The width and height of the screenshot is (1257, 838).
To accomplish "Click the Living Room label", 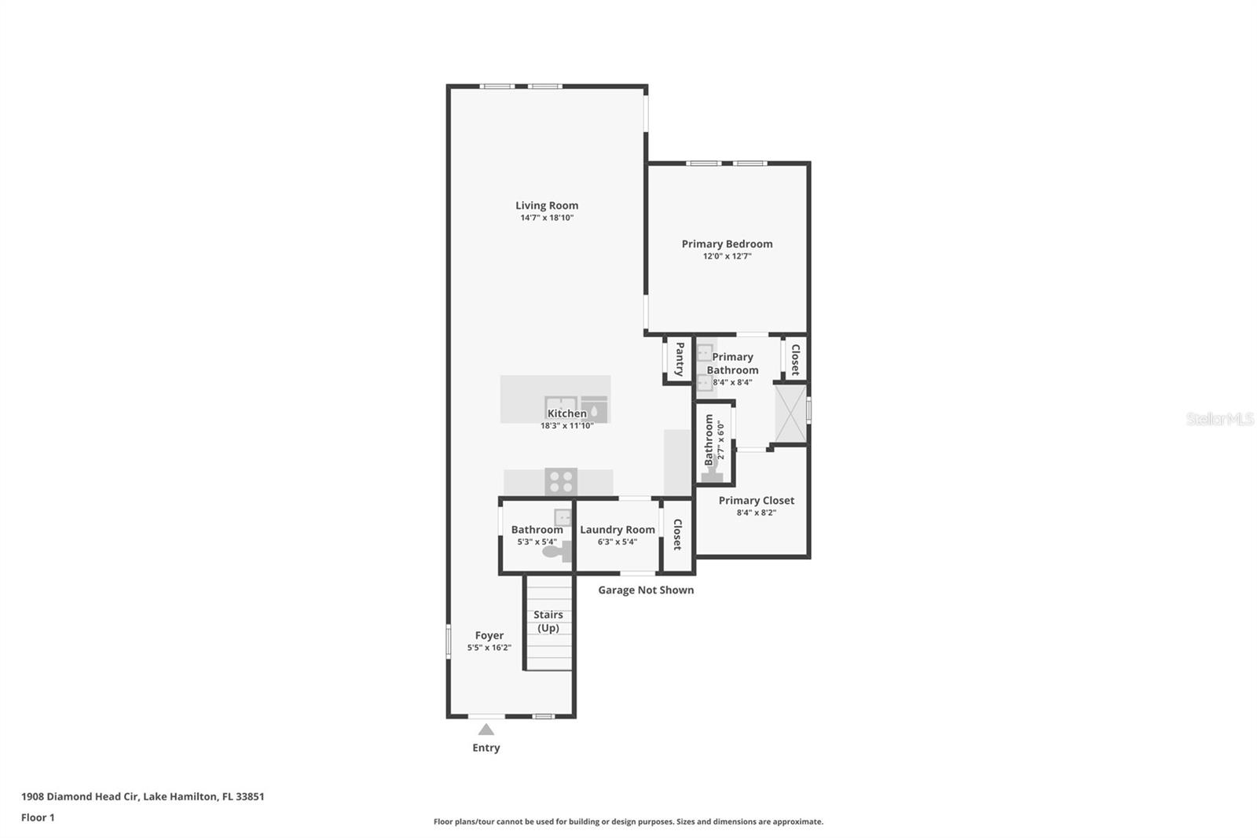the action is [x=547, y=205].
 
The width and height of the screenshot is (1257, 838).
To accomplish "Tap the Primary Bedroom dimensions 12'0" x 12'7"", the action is [x=727, y=256].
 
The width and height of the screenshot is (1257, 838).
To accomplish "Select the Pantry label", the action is [x=680, y=359].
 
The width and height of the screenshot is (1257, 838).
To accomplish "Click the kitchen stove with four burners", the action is [x=561, y=482].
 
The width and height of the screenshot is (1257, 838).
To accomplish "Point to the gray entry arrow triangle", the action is [x=486, y=730].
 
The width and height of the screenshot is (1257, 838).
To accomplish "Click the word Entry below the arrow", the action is [x=486, y=748].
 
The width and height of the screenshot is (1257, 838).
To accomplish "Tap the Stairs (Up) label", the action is [x=548, y=621].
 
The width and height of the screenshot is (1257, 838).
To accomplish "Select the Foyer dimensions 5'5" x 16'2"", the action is [x=489, y=648].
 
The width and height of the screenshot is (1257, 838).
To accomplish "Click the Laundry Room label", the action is [x=618, y=530].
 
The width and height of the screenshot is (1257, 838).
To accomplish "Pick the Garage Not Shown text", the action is [x=646, y=590].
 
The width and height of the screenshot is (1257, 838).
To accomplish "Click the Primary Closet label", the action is [x=757, y=501].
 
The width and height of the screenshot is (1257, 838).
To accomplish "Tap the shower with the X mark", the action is [x=790, y=413].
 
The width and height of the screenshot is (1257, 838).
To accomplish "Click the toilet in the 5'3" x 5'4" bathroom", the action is [x=557, y=552].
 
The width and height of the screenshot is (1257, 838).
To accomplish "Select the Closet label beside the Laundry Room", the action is [x=677, y=534].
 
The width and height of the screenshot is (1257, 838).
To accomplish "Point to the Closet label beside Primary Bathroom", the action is [x=795, y=359].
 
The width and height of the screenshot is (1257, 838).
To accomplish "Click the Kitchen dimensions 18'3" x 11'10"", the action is [x=566, y=426].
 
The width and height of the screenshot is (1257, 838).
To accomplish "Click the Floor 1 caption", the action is [x=38, y=818].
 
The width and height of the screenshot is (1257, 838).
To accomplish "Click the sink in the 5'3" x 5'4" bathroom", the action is [x=563, y=517].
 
